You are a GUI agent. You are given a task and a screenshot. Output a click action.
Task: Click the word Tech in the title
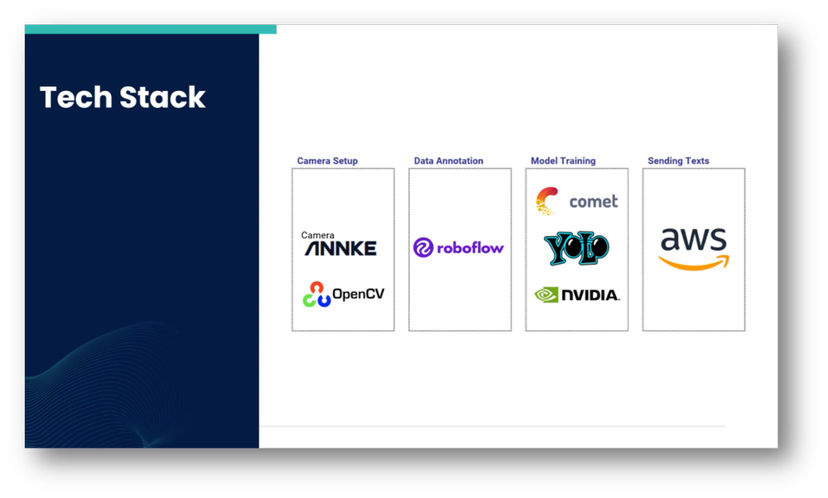pyautogui.click(x=76, y=98)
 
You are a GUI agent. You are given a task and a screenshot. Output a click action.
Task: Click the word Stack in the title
pyautogui.click(x=163, y=98)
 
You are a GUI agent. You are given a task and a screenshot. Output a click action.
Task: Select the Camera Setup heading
pyautogui.click(x=327, y=160)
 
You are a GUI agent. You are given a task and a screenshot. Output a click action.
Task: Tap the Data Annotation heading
pyautogui.click(x=448, y=160)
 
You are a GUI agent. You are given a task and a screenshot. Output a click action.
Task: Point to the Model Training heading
pyautogui.click(x=563, y=160)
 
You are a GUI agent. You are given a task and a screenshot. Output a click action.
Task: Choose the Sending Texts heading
pyautogui.click(x=678, y=160)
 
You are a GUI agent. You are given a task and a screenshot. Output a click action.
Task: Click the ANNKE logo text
pyautogui.click(x=340, y=248)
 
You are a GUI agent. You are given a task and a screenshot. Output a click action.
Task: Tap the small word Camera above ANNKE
pyautogui.click(x=318, y=236)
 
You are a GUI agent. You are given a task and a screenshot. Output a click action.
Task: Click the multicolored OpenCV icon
pyautogui.click(x=316, y=294)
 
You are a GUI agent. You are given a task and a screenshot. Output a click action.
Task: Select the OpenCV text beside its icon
pyautogui.click(x=359, y=294)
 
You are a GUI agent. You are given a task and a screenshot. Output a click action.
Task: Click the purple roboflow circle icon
pyautogui.click(x=423, y=247)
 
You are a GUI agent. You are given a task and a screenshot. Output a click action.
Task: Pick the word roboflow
pyautogui.click(x=470, y=247)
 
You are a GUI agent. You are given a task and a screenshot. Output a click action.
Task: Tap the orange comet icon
pyautogui.click(x=546, y=200)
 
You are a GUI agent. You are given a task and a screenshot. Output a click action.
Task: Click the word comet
pyautogui.click(x=594, y=201)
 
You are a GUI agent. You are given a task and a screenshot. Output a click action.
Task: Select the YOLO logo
pyautogui.click(x=576, y=247)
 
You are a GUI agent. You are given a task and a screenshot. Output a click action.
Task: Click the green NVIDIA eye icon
pyautogui.click(x=546, y=294)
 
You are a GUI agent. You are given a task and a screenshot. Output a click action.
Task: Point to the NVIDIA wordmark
pyautogui.click(x=590, y=295)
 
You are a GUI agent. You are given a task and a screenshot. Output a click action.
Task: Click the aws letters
pyautogui.click(x=694, y=241)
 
